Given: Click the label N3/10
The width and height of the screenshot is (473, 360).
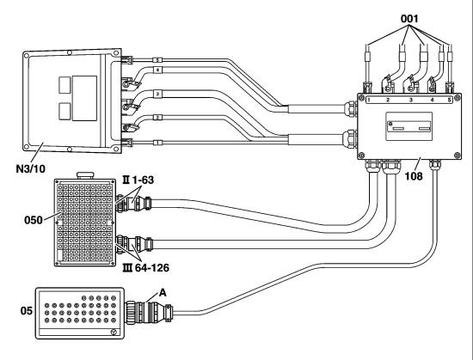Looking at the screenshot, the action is pyautogui.click(x=30, y=169).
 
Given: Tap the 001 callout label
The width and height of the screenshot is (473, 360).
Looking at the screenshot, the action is pyautogui.click(x=409, y=19).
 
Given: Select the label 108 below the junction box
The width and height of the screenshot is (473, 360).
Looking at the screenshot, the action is pyautogui.click(x=414, y=176).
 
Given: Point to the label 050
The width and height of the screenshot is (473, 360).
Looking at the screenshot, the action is pyautogui.click(x=34, y=220).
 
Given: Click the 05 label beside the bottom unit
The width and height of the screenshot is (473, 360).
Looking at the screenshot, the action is pyautogui.click(x=27, y=310).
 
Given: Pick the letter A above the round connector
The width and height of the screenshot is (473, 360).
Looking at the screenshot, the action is pyautogui.click(x=163, y=292).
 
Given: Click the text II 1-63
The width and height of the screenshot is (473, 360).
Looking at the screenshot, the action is pyautogui.click(x=138, y=180).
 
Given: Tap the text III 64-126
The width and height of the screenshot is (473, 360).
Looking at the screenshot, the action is pyautogui.click(x=146, y=267).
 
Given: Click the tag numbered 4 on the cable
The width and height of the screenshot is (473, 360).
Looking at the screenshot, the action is pyautogui.click(x=157, y=70).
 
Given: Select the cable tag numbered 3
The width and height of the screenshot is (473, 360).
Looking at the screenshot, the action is pyautogui.click(x=157, y=94).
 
